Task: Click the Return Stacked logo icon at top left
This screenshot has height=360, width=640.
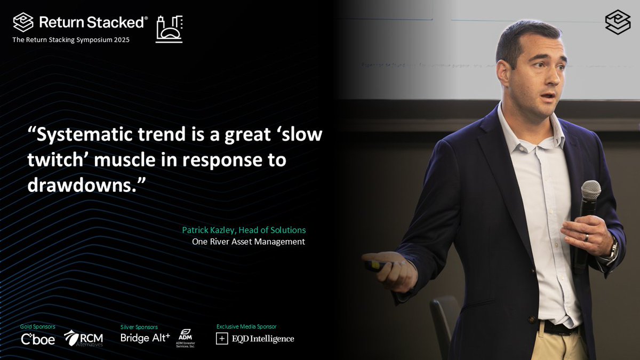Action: click(x=23, y=22)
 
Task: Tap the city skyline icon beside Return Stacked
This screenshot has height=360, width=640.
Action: click(x=169, y=29)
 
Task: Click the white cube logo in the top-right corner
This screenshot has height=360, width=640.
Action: click(x=618, y=22)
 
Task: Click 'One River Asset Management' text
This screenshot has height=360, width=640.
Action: click(x=249, y=242)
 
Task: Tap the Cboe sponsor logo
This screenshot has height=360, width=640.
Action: click(x=37, y=339)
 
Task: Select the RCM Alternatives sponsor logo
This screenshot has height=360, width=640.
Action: click(x=83, y=338)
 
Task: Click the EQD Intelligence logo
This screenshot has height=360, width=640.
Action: click(x=255, y=339)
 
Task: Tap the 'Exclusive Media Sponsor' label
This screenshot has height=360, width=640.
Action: click(x=246, y=326)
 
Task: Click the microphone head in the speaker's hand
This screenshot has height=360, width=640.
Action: click(x=590, y=190)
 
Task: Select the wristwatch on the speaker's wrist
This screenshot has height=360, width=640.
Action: click(x=613, y=249)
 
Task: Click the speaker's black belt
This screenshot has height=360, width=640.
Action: click(x=555, y=327)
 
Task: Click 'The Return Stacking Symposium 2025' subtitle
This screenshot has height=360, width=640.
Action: click(x=71, y=40)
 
